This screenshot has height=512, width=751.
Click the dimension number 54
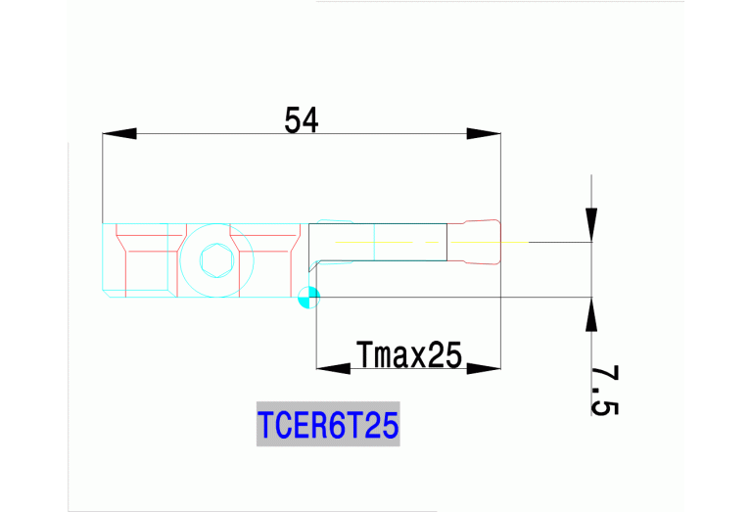point(302,120)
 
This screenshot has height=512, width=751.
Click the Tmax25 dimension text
point(408,354)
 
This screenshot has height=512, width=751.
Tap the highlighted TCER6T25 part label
point(328,427)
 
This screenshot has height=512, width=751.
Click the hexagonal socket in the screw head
point(215,261)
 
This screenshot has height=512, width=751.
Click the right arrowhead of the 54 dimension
point(484,133)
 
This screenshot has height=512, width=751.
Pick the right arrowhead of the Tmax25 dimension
point(484,369)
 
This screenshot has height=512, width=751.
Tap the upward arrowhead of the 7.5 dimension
point(590,314)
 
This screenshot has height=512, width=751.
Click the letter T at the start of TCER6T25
point(266,427)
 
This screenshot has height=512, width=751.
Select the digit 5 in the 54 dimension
point(293,120)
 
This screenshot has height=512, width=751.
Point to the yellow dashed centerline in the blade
point(392,242)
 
